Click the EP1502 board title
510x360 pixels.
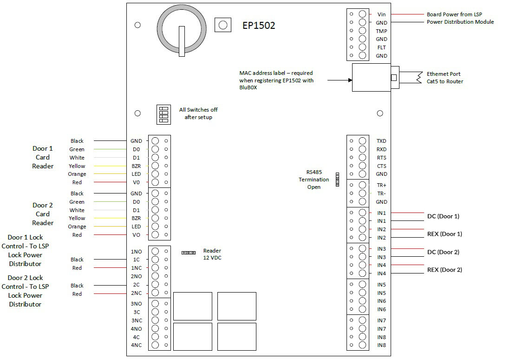259,26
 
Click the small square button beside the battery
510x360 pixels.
223,25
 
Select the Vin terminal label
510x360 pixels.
381,14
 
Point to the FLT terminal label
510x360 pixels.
381,47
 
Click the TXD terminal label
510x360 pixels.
381,141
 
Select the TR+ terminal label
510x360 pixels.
381,185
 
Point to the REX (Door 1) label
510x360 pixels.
445,234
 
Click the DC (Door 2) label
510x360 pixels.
443,252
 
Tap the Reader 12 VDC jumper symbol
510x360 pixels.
188,253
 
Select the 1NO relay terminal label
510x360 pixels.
137,252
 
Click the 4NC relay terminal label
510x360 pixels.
137,345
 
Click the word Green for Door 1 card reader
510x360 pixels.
77,149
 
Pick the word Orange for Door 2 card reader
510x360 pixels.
77,227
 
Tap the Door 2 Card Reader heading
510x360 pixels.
43,214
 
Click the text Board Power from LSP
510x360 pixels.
454,14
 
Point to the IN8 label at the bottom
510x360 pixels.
381,345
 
